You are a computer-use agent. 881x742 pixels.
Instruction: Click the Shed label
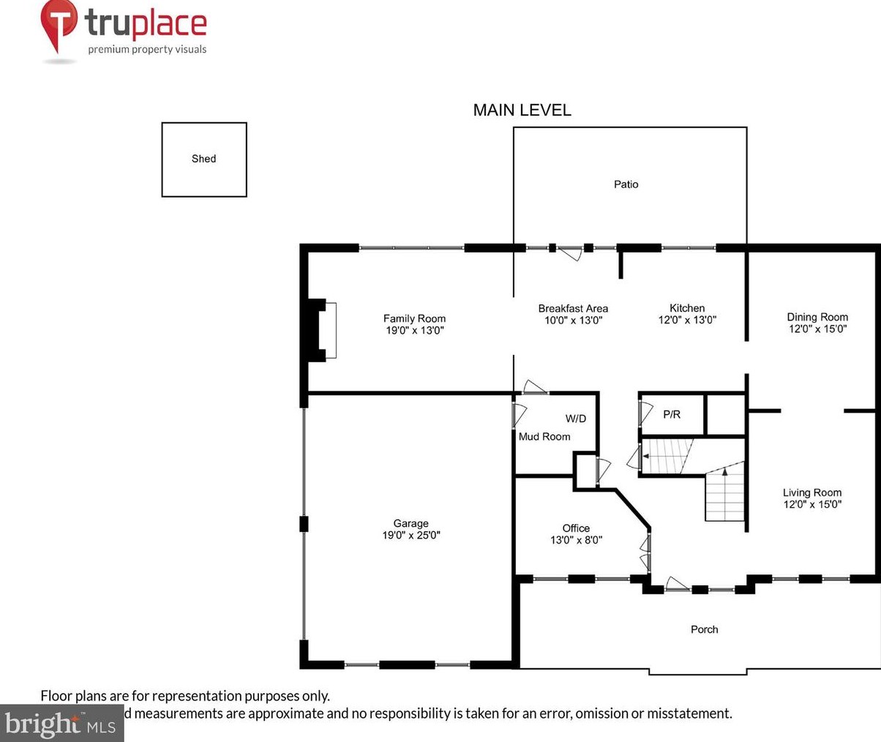pos(203,159)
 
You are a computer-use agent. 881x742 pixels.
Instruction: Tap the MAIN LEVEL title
pos(522,110)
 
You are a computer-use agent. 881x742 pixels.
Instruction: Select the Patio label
pos(626,184)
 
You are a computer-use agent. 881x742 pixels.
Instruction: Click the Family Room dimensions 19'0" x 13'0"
pos(415,330)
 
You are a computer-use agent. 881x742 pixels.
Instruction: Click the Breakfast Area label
pos(573,308)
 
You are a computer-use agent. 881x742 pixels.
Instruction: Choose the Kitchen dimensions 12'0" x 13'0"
pos(687,320)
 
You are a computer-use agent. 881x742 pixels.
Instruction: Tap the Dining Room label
pos(817,317)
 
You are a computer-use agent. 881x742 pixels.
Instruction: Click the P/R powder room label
pos(672,414)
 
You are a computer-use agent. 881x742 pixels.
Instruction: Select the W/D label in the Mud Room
pos(576,419)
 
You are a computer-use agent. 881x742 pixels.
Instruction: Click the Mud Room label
pos(544,436)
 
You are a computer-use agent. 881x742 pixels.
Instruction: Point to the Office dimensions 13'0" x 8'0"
pos(576,540)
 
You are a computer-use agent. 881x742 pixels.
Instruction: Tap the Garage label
pos(410,523)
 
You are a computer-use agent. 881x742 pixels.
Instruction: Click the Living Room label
pos(812,492)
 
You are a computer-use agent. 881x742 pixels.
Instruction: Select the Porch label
pos(704,629)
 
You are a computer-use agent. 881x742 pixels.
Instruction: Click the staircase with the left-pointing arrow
pos(666,457)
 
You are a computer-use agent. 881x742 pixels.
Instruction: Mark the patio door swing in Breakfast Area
pos(571,253)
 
